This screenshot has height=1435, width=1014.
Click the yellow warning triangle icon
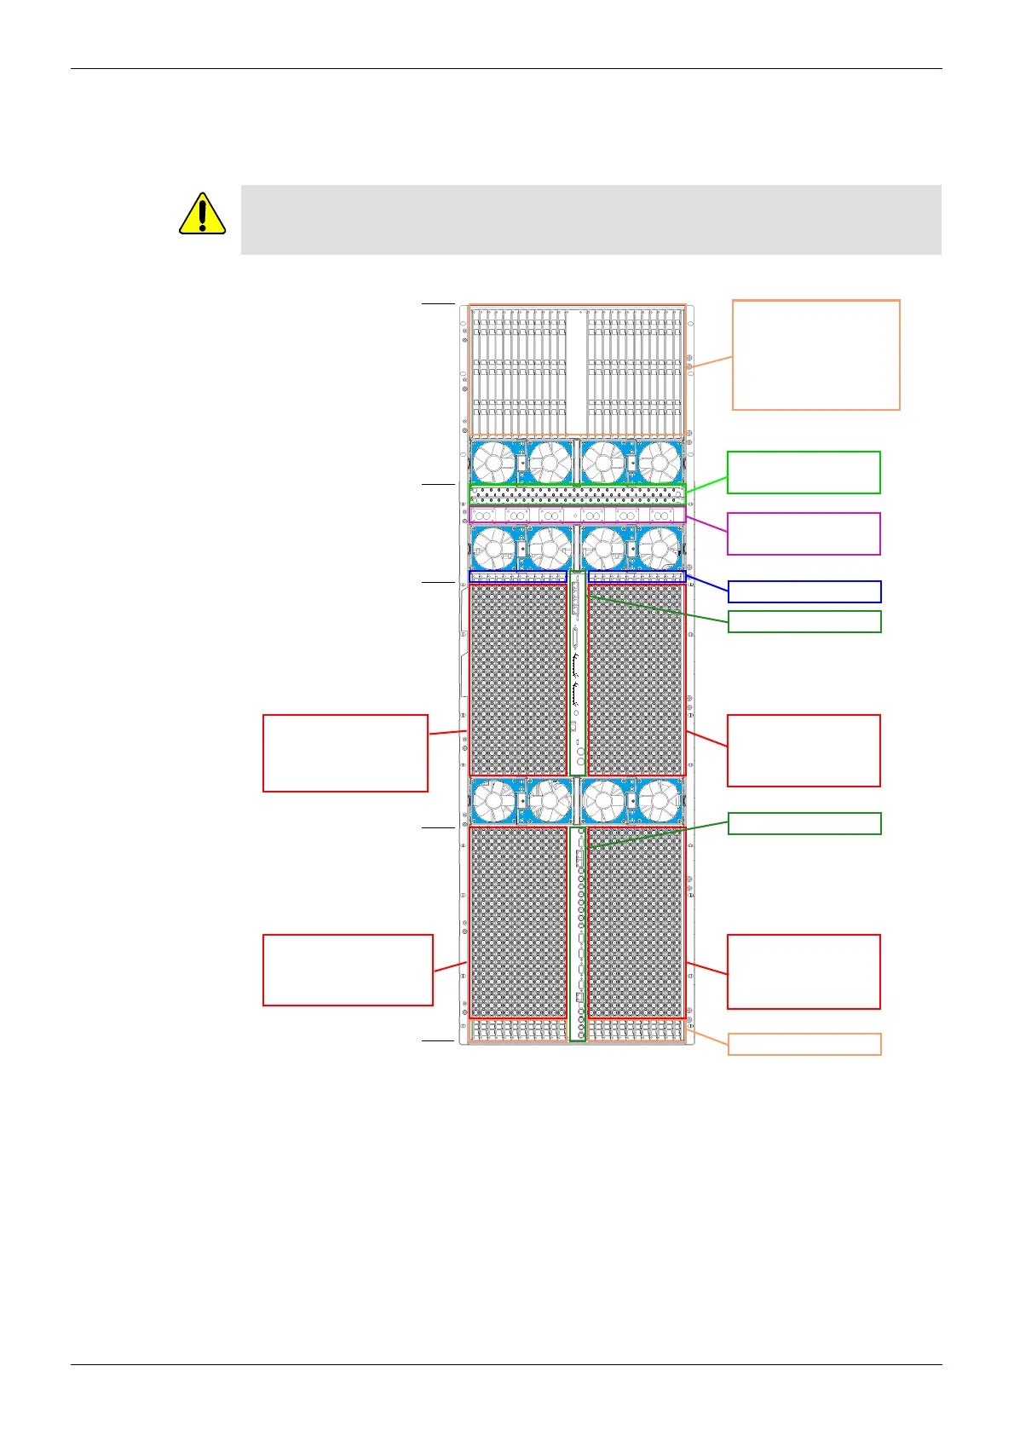coord(202,214)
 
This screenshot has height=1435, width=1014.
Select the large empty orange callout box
coord(815,354)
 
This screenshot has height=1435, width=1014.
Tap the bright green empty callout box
coord(803,472)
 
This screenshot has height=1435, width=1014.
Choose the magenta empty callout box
coord(803,533)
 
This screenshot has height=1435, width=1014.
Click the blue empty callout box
coord(804,591)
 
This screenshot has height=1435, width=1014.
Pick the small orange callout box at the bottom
coord(804,1044)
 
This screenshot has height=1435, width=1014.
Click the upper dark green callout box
coord(804,621)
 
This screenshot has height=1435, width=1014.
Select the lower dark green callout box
coord(804,823)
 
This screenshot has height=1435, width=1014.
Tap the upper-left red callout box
coord(345,753)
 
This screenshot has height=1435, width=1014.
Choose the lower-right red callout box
coord(803,971)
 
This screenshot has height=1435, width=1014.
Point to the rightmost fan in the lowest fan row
coord(660,802)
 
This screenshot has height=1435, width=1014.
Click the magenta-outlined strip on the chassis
coord(577,515)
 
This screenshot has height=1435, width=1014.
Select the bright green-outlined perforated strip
coord(577,493)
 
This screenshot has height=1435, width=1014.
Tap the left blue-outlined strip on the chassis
coord(517,577)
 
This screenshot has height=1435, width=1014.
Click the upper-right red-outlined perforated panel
coord(636,679)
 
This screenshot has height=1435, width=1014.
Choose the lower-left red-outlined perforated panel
coord(517,922)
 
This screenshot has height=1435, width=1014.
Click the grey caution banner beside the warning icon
coord(591,219)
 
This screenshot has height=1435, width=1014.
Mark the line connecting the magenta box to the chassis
coord(706,524)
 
